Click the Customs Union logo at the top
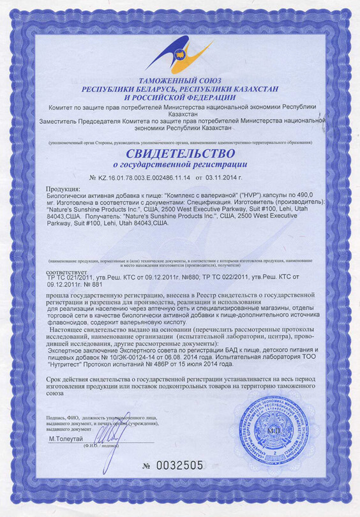pos(179,54)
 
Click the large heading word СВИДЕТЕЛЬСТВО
pos(179,154)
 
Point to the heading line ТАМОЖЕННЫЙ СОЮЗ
pos(179,82)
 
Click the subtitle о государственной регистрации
pos(180,165)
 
